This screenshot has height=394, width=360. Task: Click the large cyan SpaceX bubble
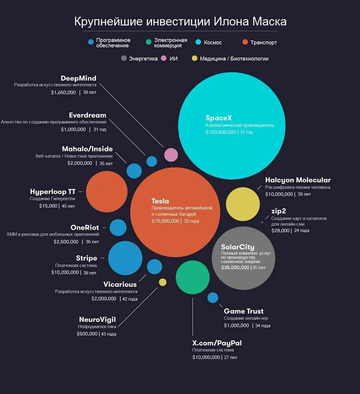(x=231, y=125)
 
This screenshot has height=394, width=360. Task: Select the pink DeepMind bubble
(x=171, y=155)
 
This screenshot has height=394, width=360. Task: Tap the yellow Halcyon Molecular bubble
(x=243, y=204)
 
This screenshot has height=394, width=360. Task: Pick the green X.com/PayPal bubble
(x=192, y=277)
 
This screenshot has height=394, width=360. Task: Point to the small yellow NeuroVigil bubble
(x=162, y=282)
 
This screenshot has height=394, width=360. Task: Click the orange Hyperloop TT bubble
(x=107, y=192)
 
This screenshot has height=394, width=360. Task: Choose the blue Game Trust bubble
(x=212, y=298)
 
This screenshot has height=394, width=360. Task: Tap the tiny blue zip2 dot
(x=262, y=222)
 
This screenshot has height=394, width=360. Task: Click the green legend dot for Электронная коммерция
(x=148, y=42)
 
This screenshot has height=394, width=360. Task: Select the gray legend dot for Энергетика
(x=124, y=58)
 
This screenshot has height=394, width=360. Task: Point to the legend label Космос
(x=213, y=43)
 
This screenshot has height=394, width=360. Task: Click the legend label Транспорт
(x=264, y=43)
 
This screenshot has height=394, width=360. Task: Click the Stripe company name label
(x=87, y=258)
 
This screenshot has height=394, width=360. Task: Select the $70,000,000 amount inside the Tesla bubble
(x=165, y=221)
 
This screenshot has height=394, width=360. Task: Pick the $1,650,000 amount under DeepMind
(x=64, y=93)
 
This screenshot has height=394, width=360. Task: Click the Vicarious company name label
(x=120, y=285)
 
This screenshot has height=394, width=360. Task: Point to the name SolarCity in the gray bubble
(x=238, y=247)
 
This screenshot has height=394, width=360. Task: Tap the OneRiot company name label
(x=85, y=228)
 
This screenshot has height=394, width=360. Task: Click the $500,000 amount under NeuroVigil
(x=87, y=334)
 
